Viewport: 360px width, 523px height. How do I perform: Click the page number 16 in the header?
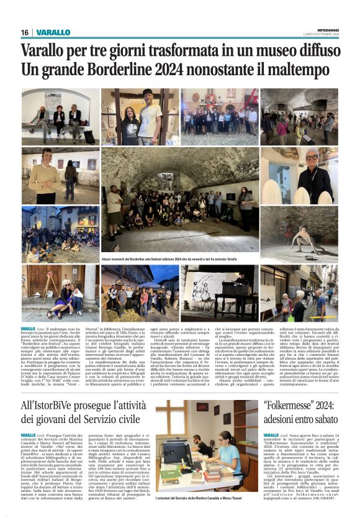(25, 32)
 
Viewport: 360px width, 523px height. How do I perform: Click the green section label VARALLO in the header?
(53, 32)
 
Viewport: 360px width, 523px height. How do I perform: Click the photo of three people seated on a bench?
(60, 117)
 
